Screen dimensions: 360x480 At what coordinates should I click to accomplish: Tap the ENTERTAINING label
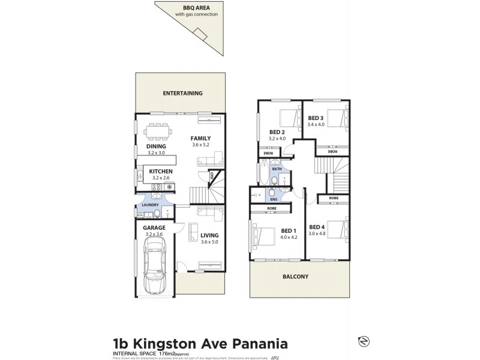coord(182,93)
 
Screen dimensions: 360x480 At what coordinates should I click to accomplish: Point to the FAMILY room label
coord(200,138)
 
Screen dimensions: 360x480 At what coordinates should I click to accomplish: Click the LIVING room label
coord(209,235)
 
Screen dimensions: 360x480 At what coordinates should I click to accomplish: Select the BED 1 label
coord(289,230)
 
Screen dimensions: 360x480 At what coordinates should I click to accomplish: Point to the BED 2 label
coord(276,132)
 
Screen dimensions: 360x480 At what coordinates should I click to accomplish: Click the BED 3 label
coord(316,118)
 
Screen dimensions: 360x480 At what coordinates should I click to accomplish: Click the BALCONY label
coord(296,277)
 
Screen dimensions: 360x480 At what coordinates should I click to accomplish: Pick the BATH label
coord(277,169)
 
